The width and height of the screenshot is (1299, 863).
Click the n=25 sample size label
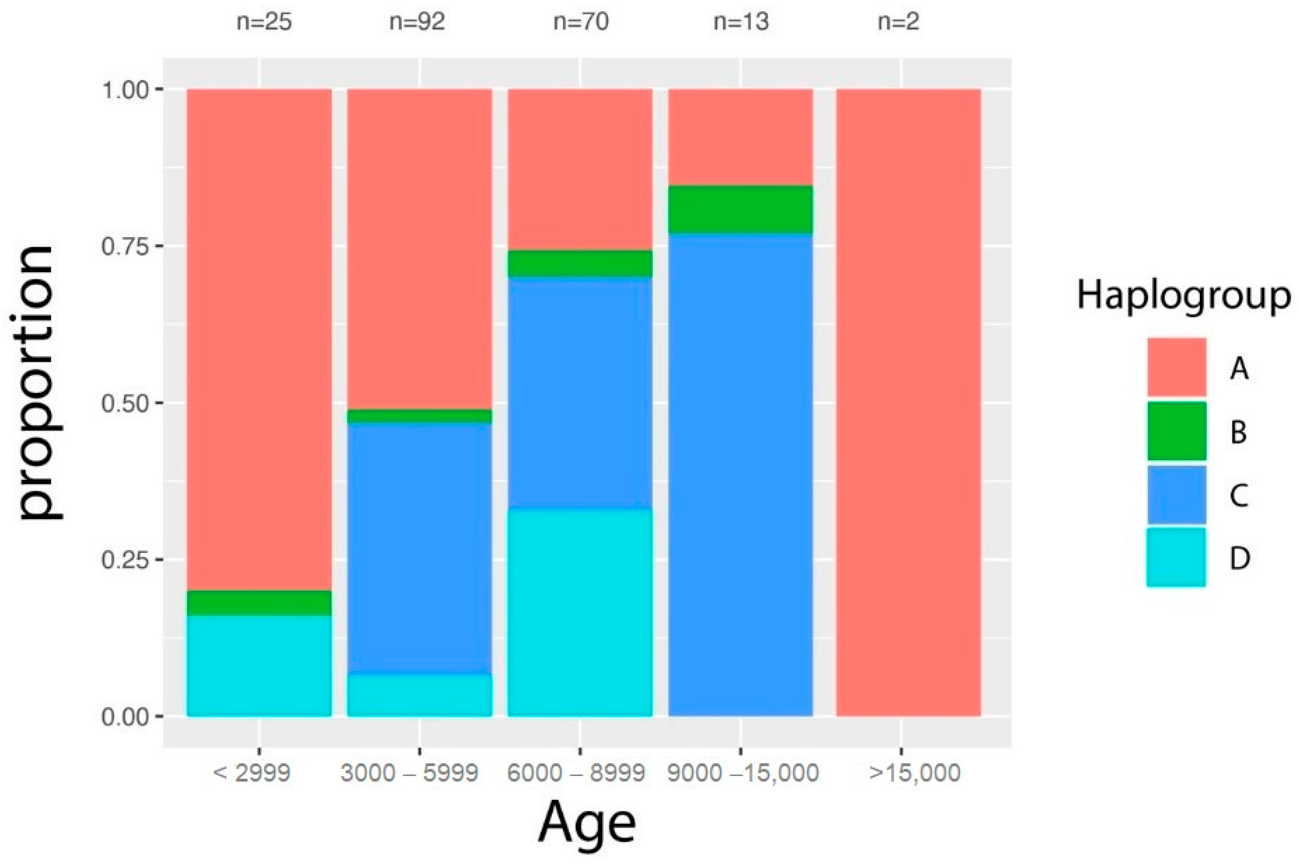click(x=264, y=22)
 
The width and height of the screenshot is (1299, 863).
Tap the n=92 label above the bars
click(x=417, y=22)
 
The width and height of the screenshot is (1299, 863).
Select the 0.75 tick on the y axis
click(x=125, y=246)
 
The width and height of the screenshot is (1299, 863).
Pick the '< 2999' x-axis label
click(x=251, y=773)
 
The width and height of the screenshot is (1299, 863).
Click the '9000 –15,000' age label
click(x=743, y=773)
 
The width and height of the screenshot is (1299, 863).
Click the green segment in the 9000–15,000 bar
click(x=740, y=209)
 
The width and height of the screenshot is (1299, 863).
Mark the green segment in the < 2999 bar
click(x=259, y=603)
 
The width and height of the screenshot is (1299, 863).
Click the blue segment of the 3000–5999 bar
click(x=420, y=548)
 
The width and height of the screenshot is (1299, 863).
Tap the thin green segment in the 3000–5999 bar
click(x=420, y=416)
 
